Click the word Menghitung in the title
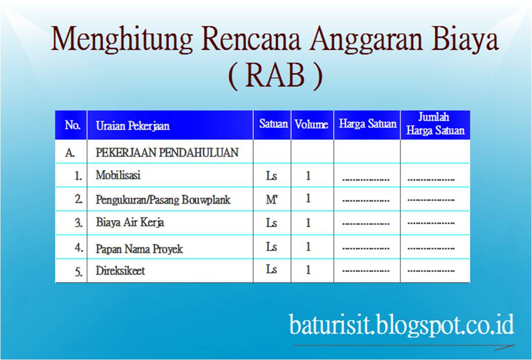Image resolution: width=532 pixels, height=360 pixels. pyautogui.click(x=122, y=40)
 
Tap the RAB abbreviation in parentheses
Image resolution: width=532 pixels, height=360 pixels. pyautogui.click(x=275, y=76)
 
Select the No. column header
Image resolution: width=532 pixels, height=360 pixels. pyautogui.click(x=72, y=125)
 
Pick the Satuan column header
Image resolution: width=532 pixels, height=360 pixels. pyautogui.click(x=273, y=124)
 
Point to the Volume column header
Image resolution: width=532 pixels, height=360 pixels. pyautogui.click(x=311, y=124)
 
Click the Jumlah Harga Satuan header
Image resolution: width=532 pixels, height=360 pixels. pyautogui.click(x=435, y=124)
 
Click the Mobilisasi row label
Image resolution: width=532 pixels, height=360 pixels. pyautogui.click(x=118, y=176)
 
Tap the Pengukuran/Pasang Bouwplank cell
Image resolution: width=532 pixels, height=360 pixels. pyautogui.click(x=163, y=200)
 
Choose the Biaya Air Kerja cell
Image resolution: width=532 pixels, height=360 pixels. pyautogui.click(x=130, y=223)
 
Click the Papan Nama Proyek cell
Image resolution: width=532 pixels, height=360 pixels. pyautogui.click(x=139, y=249)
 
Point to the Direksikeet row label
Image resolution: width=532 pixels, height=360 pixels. pyautogui.click(x=120, y=271)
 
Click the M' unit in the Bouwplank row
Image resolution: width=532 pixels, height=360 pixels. pyautogui.click(x=272, y=199)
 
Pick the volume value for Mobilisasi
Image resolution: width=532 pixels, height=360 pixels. pyautogui.click(x=308, y=176)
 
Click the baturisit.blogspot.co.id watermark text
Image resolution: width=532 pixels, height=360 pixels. pyautogui.click(x=401, y=324)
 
